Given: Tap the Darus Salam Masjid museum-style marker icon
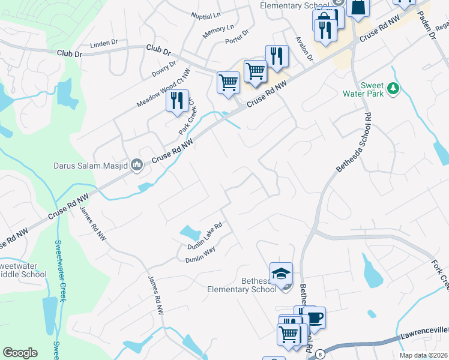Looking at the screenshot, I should [137, 164].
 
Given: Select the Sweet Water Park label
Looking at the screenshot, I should [363, 89].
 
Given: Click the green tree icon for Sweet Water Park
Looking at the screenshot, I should [393, 89].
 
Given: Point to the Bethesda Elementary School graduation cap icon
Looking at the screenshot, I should [281, 274].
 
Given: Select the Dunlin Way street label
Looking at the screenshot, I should [200, 256].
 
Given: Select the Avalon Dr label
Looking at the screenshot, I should [304, 48].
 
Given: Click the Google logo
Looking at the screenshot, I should [20, 353].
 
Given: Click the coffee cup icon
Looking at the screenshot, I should [314, 317].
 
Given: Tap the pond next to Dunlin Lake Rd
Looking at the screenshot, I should [190, 232].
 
